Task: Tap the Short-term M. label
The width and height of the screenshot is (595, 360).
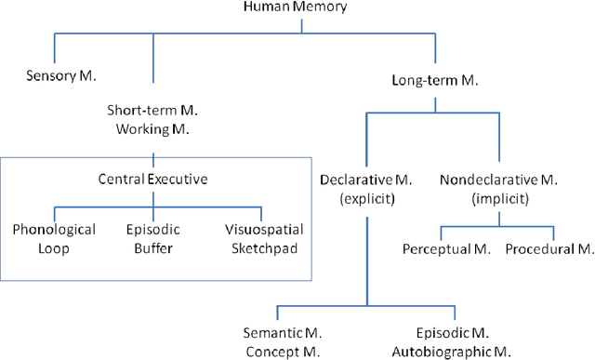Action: pyautogui.click(x=153, y=110)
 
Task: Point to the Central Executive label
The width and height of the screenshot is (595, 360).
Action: pyautogui.click(x=153, y=178)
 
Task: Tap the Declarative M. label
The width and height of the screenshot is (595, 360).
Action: pyautogui.click(x=366, y=179)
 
